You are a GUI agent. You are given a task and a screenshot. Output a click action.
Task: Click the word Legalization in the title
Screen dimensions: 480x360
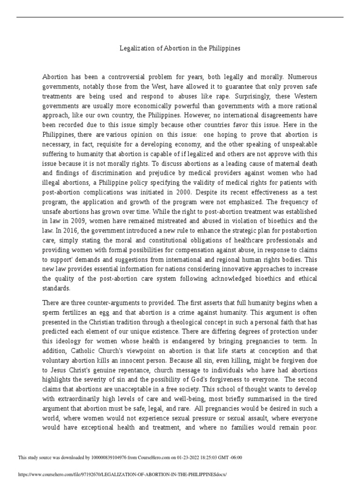click(135, 49)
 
